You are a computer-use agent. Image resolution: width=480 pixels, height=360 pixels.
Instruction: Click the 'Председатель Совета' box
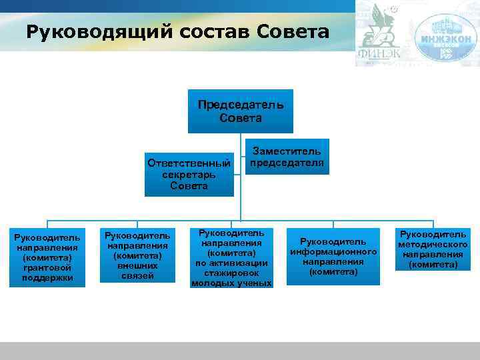240,111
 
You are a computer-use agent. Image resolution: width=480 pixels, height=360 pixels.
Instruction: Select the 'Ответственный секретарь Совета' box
189,174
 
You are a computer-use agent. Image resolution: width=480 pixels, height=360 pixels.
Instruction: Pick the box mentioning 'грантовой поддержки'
48,257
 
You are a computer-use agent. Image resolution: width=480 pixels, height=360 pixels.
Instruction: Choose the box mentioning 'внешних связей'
137,255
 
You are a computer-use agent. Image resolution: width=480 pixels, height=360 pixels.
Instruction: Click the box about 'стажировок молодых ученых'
231,258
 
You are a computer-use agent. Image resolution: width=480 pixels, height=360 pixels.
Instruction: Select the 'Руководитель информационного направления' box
333,257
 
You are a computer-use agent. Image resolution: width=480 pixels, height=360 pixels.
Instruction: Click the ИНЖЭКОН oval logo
449,37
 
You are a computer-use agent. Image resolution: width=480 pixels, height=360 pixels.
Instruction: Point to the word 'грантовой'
48,267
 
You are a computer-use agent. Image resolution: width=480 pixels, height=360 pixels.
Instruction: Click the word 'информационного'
333,251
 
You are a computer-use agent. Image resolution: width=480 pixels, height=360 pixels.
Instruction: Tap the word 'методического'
433,245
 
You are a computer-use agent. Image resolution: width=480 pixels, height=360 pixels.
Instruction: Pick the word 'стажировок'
231,273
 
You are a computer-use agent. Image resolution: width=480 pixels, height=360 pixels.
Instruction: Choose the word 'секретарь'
189,175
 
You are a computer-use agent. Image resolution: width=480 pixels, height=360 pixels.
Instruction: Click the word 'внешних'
137,265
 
